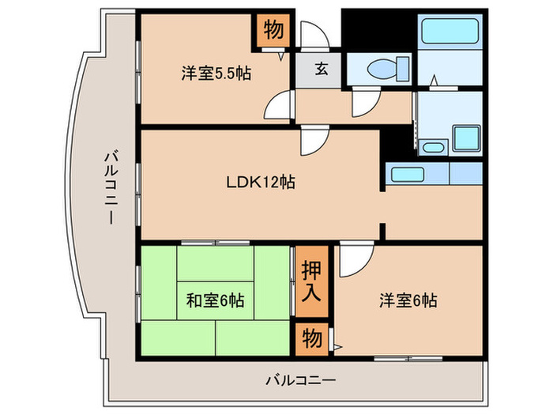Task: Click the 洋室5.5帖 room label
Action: (216, 74)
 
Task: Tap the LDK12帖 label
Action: (261, 182)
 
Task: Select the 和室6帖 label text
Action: (215, 300)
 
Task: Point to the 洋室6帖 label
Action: (408, 300)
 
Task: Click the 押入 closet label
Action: (311, 281)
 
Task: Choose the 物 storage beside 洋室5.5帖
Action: (273, 30)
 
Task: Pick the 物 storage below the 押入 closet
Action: (312, 338)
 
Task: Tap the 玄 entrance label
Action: (322, 69)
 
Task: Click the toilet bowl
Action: (388, 69)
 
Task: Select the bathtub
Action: (450, 32)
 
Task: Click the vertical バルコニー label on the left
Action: (111, 187)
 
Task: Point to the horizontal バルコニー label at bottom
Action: (300, 380)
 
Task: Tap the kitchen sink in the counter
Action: (408, 175)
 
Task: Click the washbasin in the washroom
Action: (433, 147)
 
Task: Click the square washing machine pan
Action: (467, 138)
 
